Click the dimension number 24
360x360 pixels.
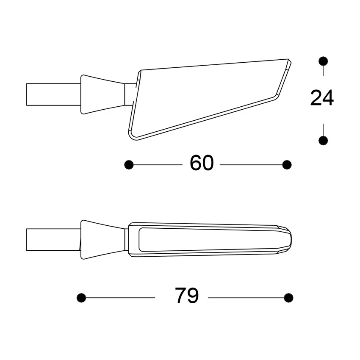322,98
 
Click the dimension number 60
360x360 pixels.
202,163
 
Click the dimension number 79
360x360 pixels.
187,296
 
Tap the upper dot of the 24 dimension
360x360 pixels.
323,61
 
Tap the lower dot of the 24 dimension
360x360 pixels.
323,140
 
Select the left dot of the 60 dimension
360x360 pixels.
129,164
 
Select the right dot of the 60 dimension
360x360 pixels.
287,164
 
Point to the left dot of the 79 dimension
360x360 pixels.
81,298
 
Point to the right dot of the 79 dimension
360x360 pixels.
288,298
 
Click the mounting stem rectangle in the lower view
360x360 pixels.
53,239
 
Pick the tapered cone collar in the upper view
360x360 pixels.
102,94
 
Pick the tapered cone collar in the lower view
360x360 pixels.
102,239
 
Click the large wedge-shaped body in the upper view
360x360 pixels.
203,97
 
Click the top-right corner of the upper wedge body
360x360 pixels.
289,61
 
